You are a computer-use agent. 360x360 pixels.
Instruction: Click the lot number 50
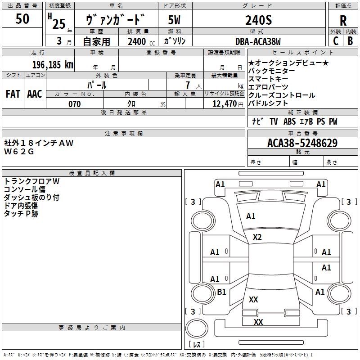tap(22, 18)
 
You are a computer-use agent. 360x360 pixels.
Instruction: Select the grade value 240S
tap(258, 20)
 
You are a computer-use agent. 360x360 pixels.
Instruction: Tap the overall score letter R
tap(343, 21)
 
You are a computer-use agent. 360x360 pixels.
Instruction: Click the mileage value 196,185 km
tap(53, 65)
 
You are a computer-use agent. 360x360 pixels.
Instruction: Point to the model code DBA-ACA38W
tap(258, 41)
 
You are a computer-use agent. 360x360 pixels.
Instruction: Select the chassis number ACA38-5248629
tap(302, 143)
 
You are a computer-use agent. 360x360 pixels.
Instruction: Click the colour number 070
tap(75, 104)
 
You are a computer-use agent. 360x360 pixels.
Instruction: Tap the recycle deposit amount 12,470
tap(225, 103)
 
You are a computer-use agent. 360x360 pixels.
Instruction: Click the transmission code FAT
tap(13, 94)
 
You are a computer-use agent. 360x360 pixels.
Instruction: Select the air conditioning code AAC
tap(35, 94)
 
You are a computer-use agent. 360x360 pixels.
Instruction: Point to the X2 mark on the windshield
tap(257, 237)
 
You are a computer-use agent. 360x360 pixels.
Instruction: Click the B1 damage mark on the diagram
tap(221, 292)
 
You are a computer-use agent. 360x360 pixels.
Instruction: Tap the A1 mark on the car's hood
tap(251, 216)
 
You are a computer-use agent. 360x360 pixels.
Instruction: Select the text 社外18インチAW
tap(39, 143)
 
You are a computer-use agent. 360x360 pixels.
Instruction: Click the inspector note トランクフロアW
tap(31, 181)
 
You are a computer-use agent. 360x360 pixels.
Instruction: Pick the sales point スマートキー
tap(268, 79)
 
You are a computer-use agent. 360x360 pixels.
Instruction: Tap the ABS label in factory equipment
tap(289, 121)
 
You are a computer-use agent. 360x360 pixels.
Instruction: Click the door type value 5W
tap(174, 20)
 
